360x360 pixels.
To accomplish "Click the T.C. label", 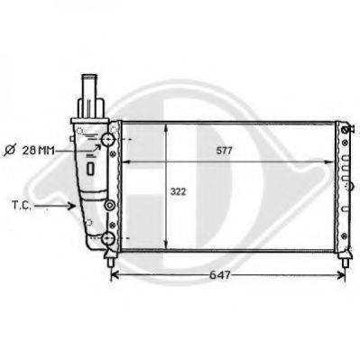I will [x=23, y=206].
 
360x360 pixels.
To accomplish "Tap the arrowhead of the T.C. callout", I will [x=75, y=206].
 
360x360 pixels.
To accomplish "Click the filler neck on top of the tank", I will [x=90, y=90].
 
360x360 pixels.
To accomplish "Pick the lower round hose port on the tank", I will [x=108, y=238].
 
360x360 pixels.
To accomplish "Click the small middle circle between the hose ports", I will [x=109, y=206].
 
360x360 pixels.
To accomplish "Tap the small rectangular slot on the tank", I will [x=90, y=167].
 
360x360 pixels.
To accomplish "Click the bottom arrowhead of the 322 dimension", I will [x=164, y=245].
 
